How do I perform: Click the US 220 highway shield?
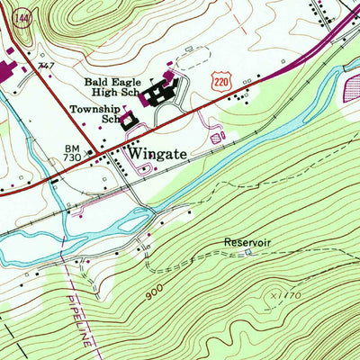pos(220,81)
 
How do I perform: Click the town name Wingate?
pos(157,154)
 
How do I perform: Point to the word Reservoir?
pos(247,243)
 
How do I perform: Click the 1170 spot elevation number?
pos(288,295)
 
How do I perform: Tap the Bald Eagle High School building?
pos(162,91)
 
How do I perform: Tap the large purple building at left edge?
pos(5,70)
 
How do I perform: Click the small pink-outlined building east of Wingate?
pos(216,139)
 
